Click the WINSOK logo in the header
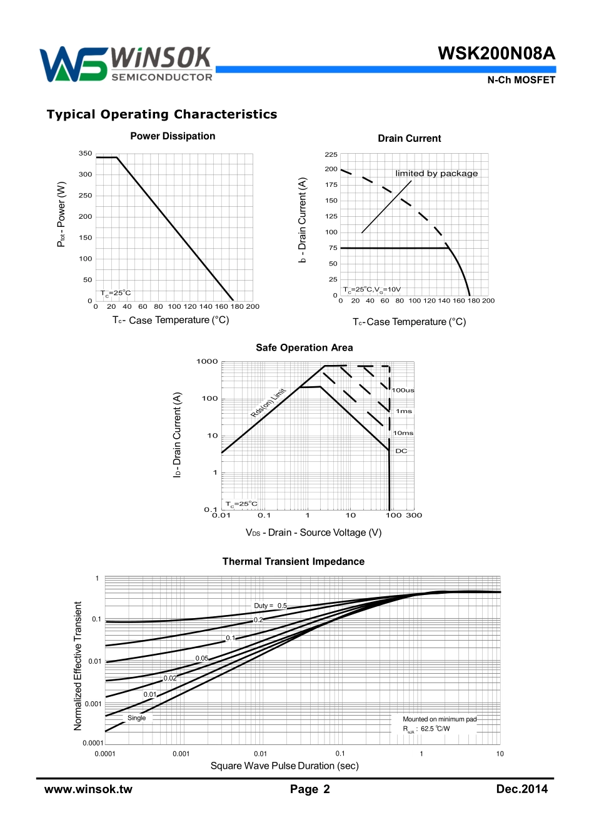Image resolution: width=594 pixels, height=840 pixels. coord(126,64)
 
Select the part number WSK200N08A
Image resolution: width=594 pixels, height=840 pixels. coord(496,54)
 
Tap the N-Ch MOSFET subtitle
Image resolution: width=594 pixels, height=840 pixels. coord(521,80)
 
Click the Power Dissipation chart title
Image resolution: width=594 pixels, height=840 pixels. coord(173,136)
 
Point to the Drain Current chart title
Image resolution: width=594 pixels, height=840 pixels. coord(409,139)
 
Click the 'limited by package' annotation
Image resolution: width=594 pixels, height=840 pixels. coord(436,174)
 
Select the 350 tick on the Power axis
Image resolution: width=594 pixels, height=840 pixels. coord(86,154)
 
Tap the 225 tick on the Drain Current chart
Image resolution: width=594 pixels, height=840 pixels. coord(331,154)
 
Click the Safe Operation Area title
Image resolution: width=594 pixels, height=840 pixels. coord(304,348)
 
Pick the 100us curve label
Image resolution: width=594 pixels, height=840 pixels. coord(403,391)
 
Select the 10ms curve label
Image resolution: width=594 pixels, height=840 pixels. coord(403,433)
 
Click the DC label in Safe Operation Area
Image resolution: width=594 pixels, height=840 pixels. coord(401,451)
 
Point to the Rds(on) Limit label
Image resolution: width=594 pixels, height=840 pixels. coord(268,402)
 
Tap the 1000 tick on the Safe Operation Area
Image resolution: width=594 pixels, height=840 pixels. coord(207,362)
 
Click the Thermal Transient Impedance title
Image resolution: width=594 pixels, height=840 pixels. coord(293,562)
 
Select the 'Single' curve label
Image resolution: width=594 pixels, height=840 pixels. coord(136,718)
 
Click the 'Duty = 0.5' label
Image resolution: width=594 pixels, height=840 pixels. coord(270,606)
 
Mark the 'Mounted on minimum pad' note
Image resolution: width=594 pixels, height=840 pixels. coord(439,719)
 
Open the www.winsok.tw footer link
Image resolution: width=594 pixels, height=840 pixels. coord(88,789)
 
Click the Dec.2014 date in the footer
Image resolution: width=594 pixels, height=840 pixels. coord(521,789)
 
